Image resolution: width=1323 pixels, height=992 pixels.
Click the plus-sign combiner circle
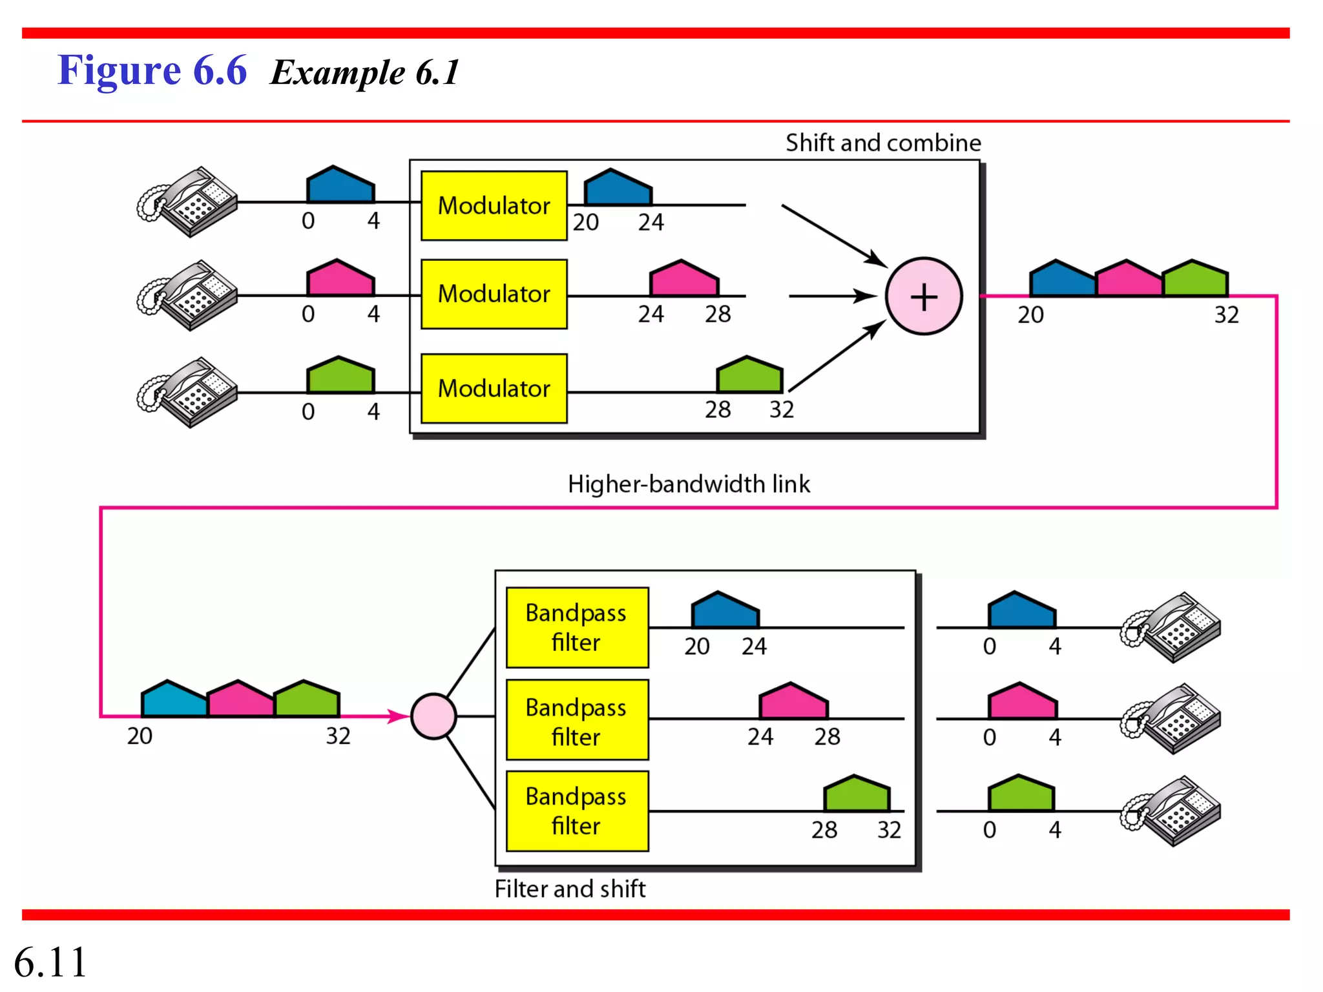point(924,296)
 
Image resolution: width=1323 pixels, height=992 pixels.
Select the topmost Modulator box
point(494,205)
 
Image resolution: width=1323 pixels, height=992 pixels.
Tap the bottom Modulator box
point(494,388)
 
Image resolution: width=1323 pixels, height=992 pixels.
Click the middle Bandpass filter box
point(577,719)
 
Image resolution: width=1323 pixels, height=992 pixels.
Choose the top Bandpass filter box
point(577,627)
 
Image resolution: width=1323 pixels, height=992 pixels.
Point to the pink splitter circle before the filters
point(433,716)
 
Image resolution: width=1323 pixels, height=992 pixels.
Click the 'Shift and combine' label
point(883,143)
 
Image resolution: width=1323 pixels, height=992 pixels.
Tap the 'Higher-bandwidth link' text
point(689,484)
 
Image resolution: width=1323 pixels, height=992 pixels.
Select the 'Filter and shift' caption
point(570,889)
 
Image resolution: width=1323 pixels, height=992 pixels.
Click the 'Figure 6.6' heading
point(152,70)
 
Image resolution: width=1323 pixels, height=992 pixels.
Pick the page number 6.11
point(50,962)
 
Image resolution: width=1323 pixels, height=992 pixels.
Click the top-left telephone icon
point(188,201)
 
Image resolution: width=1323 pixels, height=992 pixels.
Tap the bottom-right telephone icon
point(1171,811)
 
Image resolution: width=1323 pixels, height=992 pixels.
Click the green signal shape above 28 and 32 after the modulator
point(749,375)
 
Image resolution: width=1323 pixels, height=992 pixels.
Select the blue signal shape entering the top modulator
point(340,185)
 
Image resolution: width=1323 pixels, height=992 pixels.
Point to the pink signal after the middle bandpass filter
point(793,701)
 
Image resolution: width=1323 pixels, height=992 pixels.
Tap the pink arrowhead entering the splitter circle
point(398,716)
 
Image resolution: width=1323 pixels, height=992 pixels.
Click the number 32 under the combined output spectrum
point(1226,315)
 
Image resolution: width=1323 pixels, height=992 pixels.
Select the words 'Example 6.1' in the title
point(365,72)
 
